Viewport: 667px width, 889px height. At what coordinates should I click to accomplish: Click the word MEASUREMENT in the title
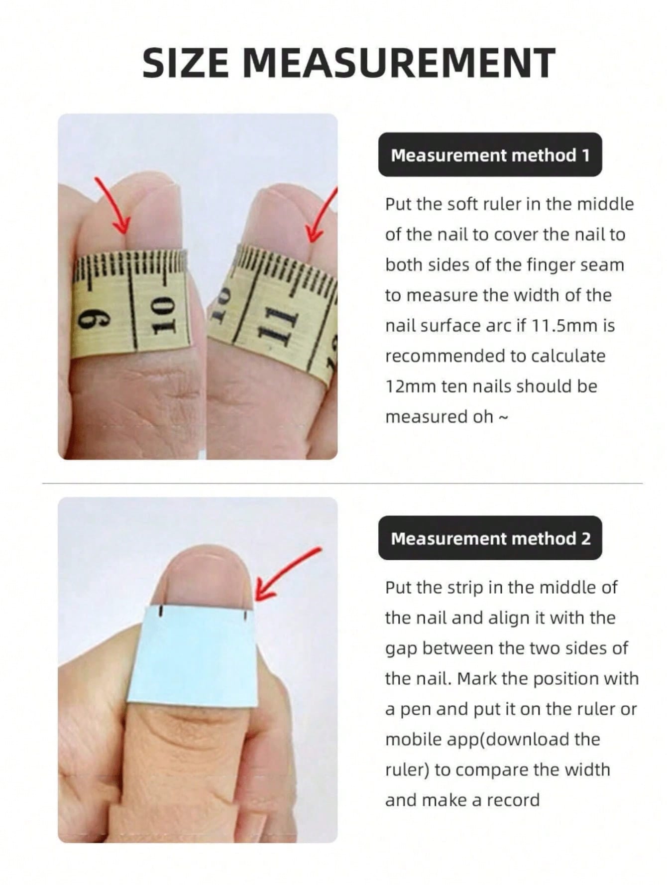(x=398, y=63)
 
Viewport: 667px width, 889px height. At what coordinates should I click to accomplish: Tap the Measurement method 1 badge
(x=490, y=155)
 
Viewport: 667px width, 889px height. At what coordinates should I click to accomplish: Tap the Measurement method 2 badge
(x=490, y=538)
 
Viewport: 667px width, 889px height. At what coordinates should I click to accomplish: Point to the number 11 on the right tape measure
(x=273, y=323)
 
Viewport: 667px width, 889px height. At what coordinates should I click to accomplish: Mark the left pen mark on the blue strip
(x=161, y=611)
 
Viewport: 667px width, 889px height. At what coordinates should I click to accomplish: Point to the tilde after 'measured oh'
(x=503, y=417)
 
